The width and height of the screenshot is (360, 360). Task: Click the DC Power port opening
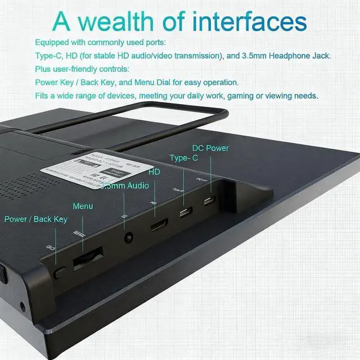point(209,201)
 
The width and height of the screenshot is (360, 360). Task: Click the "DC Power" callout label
point(210,148)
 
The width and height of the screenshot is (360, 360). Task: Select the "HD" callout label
point(154,171)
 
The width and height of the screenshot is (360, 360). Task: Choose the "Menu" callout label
point(83,206)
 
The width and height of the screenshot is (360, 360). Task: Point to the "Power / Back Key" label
point(36,219)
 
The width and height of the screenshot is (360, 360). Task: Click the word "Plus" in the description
point(43,69)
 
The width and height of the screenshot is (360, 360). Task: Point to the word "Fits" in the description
point(42,96)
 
